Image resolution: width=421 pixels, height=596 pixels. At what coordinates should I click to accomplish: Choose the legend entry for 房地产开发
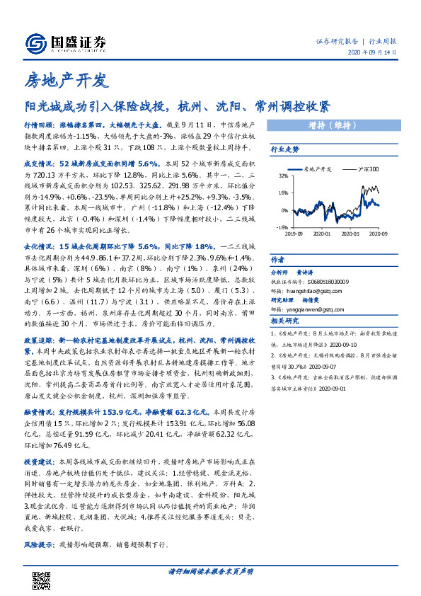click(317, 170)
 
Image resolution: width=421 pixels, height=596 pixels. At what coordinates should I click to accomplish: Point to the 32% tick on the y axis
click(284, 176)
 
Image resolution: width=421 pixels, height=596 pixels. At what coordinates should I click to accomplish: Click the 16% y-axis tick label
click(284, 193)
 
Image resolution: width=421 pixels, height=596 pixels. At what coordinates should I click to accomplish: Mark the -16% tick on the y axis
click(283, 228)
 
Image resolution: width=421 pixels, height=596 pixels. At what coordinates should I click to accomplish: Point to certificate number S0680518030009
click(326, 281)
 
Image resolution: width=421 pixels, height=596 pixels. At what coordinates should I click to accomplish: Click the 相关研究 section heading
click(284, 321)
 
